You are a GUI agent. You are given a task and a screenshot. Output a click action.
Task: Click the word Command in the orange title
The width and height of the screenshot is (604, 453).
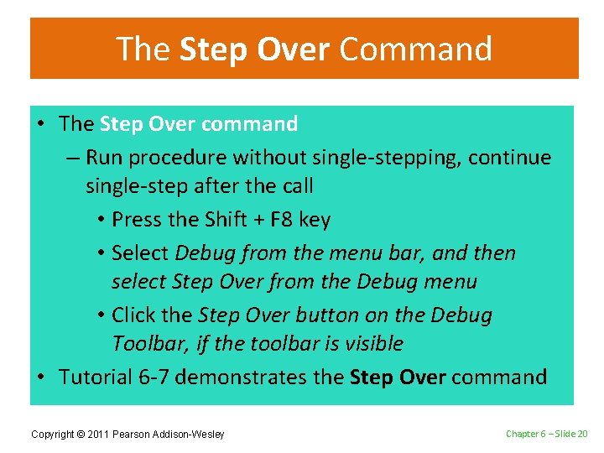[x=415, y=49]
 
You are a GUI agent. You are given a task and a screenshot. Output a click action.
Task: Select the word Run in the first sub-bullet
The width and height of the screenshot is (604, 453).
[x=103, y=158]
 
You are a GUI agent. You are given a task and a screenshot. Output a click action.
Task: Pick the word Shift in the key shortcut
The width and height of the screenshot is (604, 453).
[x=220, y=220]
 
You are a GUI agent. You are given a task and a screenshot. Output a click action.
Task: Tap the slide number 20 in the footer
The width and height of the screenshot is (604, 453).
[x=581, y=434]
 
